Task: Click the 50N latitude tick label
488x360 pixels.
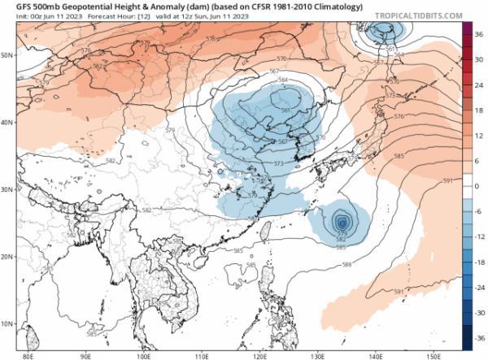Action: click(7, 55)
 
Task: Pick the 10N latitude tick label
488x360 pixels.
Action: click(7, 323)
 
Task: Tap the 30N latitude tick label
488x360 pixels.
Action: click(7, 189)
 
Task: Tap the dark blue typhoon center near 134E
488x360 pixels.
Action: click(342, 220)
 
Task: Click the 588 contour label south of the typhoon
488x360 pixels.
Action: click(346, 265)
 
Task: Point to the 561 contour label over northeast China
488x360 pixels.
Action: click(286, 111)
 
